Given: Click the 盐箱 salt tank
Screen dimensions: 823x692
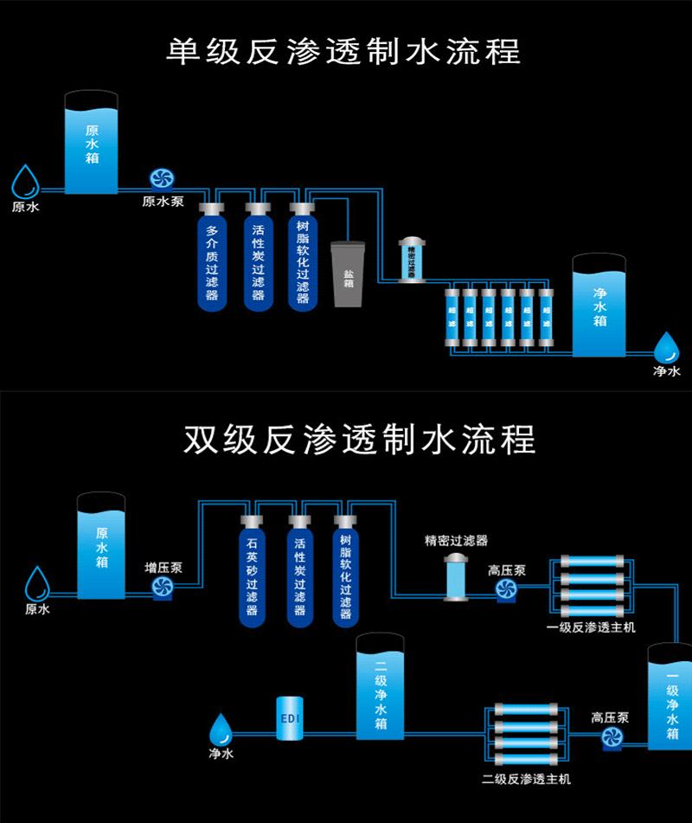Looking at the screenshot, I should tap(349, 274).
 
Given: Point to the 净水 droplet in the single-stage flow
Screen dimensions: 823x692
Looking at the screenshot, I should tap(666, 349).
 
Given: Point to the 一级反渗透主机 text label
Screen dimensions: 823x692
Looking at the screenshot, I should tap(592, 627).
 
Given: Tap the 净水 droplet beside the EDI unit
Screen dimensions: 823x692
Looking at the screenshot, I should tap(221, 729).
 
